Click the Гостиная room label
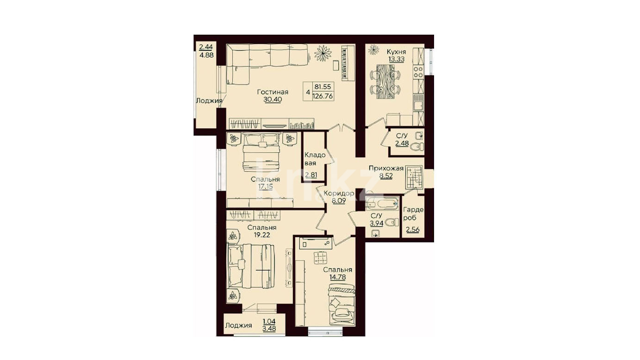point(273,92)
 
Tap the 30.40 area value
point(273,99)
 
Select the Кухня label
point(396,52)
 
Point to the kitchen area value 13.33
point(396,59)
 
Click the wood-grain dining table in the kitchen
point(386,82)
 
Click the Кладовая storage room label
point(315,159)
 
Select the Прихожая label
point(386,168)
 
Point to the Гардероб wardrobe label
point(413,213)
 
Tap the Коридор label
point(339,193)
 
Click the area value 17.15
point(266,186)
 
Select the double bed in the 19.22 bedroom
point(251,266)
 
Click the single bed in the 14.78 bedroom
point(342,304)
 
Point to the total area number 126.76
point(323,96)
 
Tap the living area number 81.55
point(323,87)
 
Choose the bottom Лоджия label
point(239,325)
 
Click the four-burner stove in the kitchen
point(419,72)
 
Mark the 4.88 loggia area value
point(207,55)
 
